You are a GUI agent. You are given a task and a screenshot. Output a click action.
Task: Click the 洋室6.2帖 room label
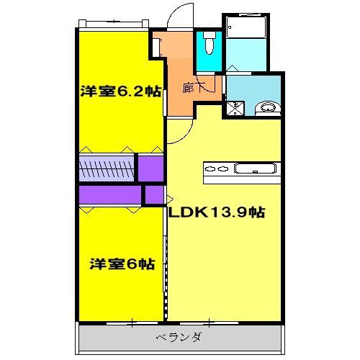click(120, 92)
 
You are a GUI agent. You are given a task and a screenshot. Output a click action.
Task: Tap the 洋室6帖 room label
click(122, 264)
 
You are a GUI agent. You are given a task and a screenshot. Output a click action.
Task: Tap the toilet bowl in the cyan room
click(209, 46)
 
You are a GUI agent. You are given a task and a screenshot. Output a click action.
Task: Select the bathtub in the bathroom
click(245, 29)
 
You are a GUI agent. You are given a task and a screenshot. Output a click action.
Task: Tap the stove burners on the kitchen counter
click(217, 171)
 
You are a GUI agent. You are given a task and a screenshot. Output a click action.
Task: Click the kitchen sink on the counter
click(256, 170)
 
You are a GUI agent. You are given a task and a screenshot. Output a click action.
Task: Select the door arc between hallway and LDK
click(180, 130)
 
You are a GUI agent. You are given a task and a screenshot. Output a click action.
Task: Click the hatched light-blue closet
click(107, 170)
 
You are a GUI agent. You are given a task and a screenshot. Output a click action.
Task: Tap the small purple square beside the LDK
click(153, 195)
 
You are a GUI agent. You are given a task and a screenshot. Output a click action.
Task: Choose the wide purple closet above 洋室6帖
click(109, 195)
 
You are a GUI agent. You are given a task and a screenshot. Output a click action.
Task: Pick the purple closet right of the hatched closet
click(150, 168)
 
